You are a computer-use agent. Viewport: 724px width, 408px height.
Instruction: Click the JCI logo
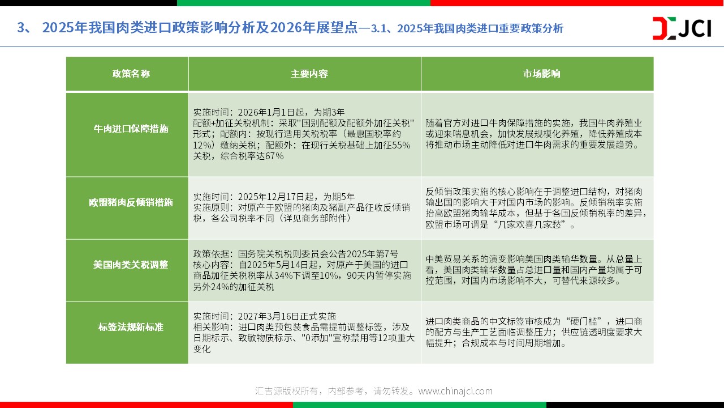point(682,28)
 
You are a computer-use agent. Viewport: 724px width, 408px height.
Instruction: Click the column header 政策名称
point(131,74)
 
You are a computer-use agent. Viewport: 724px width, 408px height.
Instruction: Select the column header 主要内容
point(309,74)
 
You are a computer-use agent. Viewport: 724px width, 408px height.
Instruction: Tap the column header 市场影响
point(542,74)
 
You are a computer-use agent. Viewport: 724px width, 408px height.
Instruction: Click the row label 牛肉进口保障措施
point(131,129)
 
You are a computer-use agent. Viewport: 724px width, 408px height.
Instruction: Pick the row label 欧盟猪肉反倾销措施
point(131,202)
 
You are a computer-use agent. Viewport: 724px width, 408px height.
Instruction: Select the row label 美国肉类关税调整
point(131,265)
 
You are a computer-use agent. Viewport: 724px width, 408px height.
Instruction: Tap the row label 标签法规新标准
point(131,327)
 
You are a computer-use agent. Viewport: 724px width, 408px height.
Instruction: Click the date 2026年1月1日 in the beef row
point(266,112)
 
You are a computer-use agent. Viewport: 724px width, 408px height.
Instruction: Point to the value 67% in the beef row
point(274,156)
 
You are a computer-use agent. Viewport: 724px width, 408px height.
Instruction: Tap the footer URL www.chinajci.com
point(455,391)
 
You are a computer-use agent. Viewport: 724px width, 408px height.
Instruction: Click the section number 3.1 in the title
point(378,28)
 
